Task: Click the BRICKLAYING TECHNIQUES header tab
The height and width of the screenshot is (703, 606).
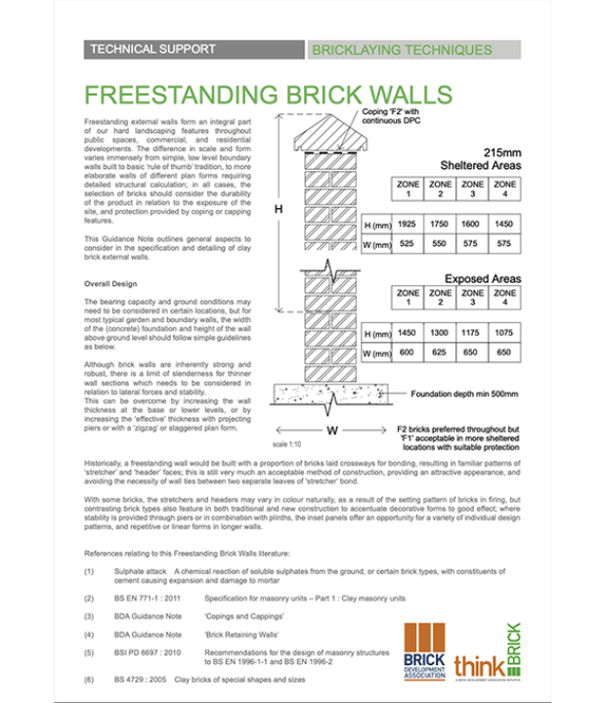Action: tap(402, 49)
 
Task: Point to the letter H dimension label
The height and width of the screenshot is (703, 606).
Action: tap(278, 210)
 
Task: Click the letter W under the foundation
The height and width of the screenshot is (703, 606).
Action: tap(332, 429)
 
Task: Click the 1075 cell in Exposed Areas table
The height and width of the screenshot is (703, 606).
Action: tap(504, 334)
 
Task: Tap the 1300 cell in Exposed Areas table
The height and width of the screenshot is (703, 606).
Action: tap(441, 334)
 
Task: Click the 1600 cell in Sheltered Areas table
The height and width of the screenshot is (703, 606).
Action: tap(472, 225)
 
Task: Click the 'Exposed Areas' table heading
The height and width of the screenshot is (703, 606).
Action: tap(484, 278)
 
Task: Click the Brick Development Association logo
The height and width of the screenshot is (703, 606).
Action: tap(425, 651)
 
